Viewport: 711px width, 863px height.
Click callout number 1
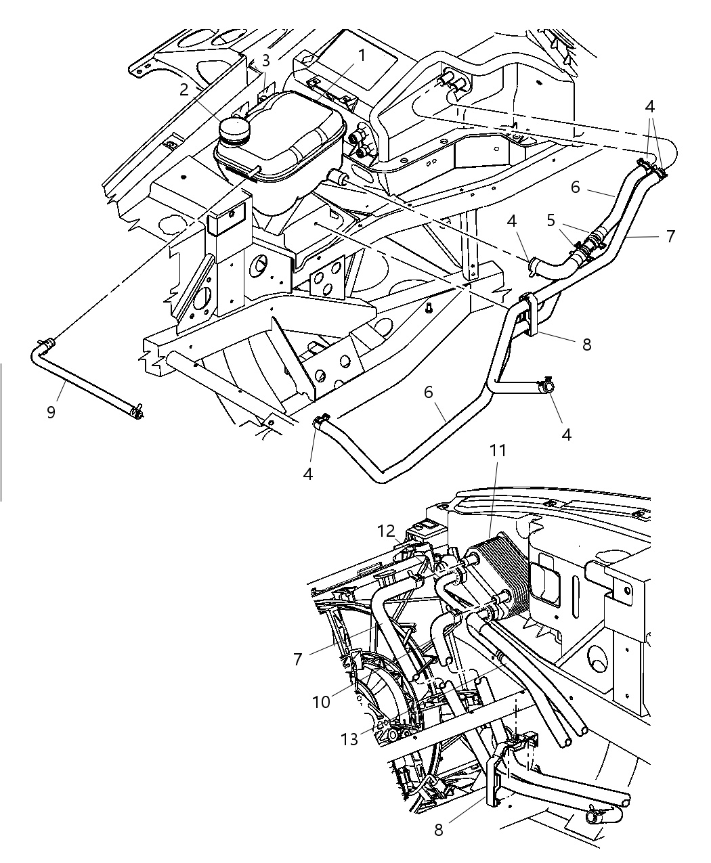coord(362,56)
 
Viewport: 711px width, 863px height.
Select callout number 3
coord(266,60)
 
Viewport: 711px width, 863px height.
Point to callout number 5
coord(551,221)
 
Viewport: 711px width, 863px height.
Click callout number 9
coord(51,412)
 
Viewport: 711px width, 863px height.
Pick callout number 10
coord(321,702)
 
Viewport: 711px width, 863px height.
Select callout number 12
coord(386,531)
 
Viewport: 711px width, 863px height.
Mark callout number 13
coord(349,739)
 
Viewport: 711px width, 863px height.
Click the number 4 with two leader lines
coord(650,106)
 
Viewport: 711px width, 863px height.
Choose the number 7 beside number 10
coord(298,658)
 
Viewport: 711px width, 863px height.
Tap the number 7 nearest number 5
coord(670,236)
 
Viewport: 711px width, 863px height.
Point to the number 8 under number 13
coord(438,830)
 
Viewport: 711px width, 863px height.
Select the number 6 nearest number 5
coord(576,187)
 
